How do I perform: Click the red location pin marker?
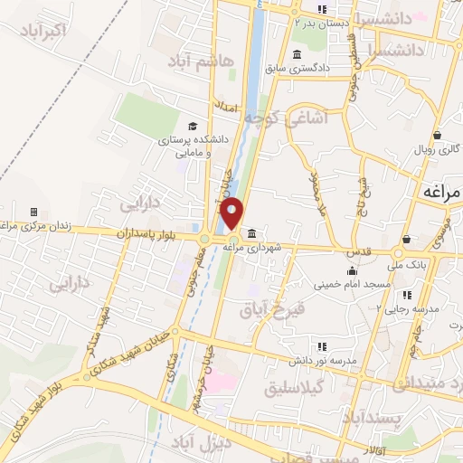click(232, 213)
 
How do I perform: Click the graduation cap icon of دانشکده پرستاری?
click(191, 126)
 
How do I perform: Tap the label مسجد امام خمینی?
click(352, 284)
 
